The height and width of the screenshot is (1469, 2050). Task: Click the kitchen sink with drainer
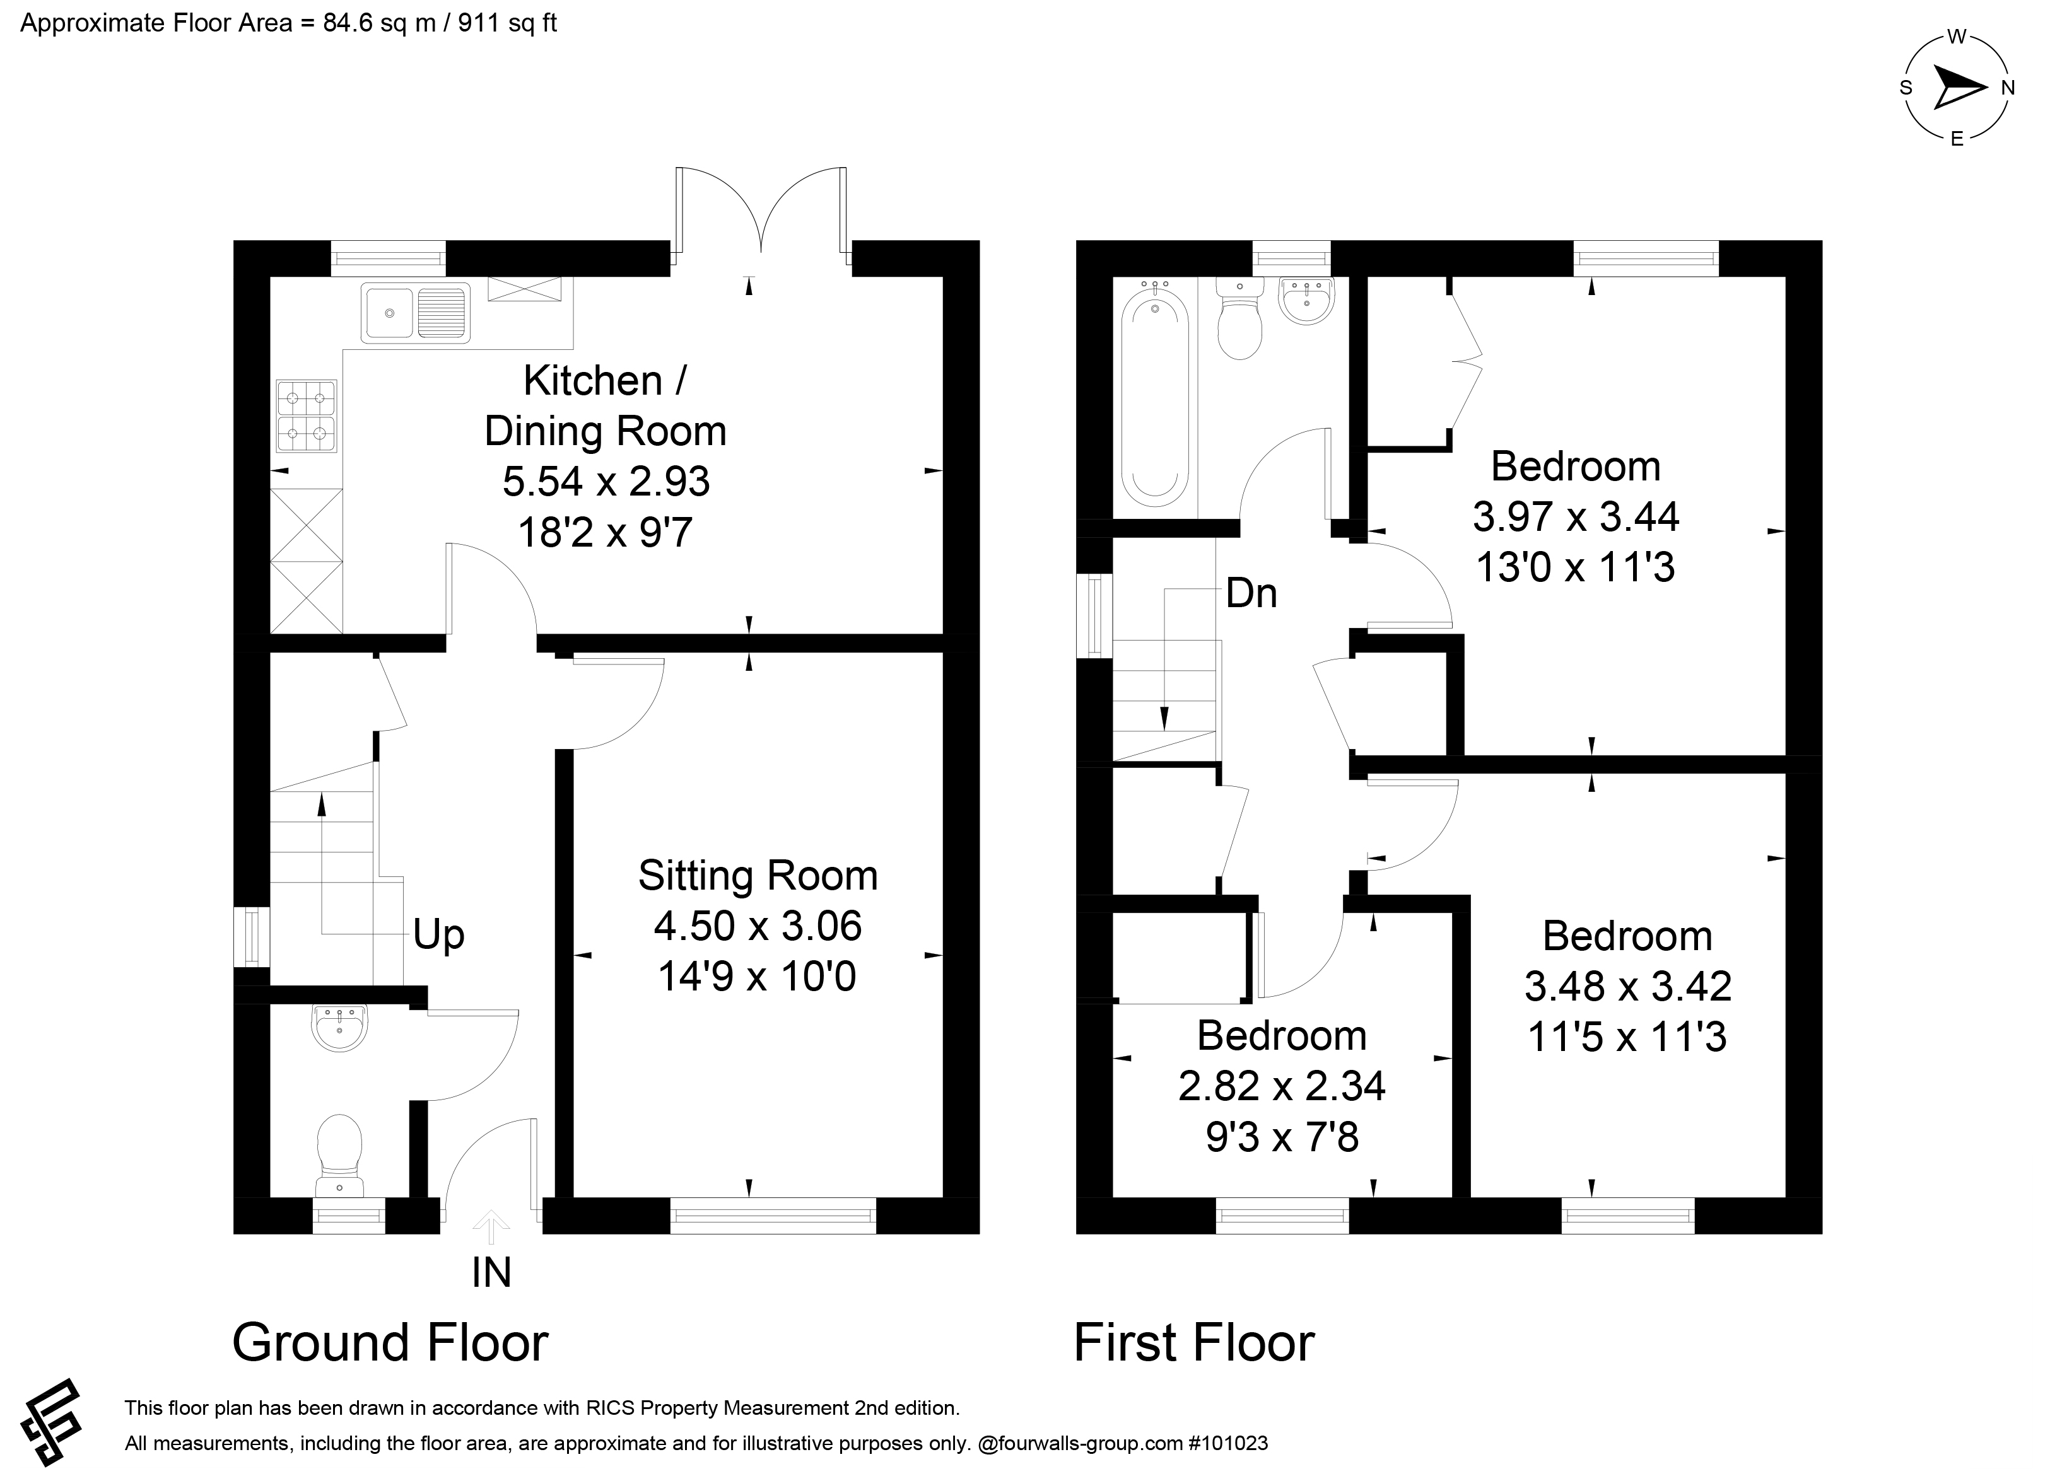click(x=416, y=313)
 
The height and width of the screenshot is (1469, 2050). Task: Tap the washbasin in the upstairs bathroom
click(x=1306, y=300)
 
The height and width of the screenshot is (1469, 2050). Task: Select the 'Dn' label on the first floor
click(x=1251, y=593)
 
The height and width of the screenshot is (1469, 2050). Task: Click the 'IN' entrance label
click(x=492, y=1272)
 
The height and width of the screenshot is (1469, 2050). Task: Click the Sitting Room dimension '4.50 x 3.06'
click(x=758, y=926)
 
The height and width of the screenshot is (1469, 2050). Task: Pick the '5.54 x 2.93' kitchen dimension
click(x=606, y=482)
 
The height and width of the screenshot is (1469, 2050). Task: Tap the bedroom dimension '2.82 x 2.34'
click(x=1282, y=1086)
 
